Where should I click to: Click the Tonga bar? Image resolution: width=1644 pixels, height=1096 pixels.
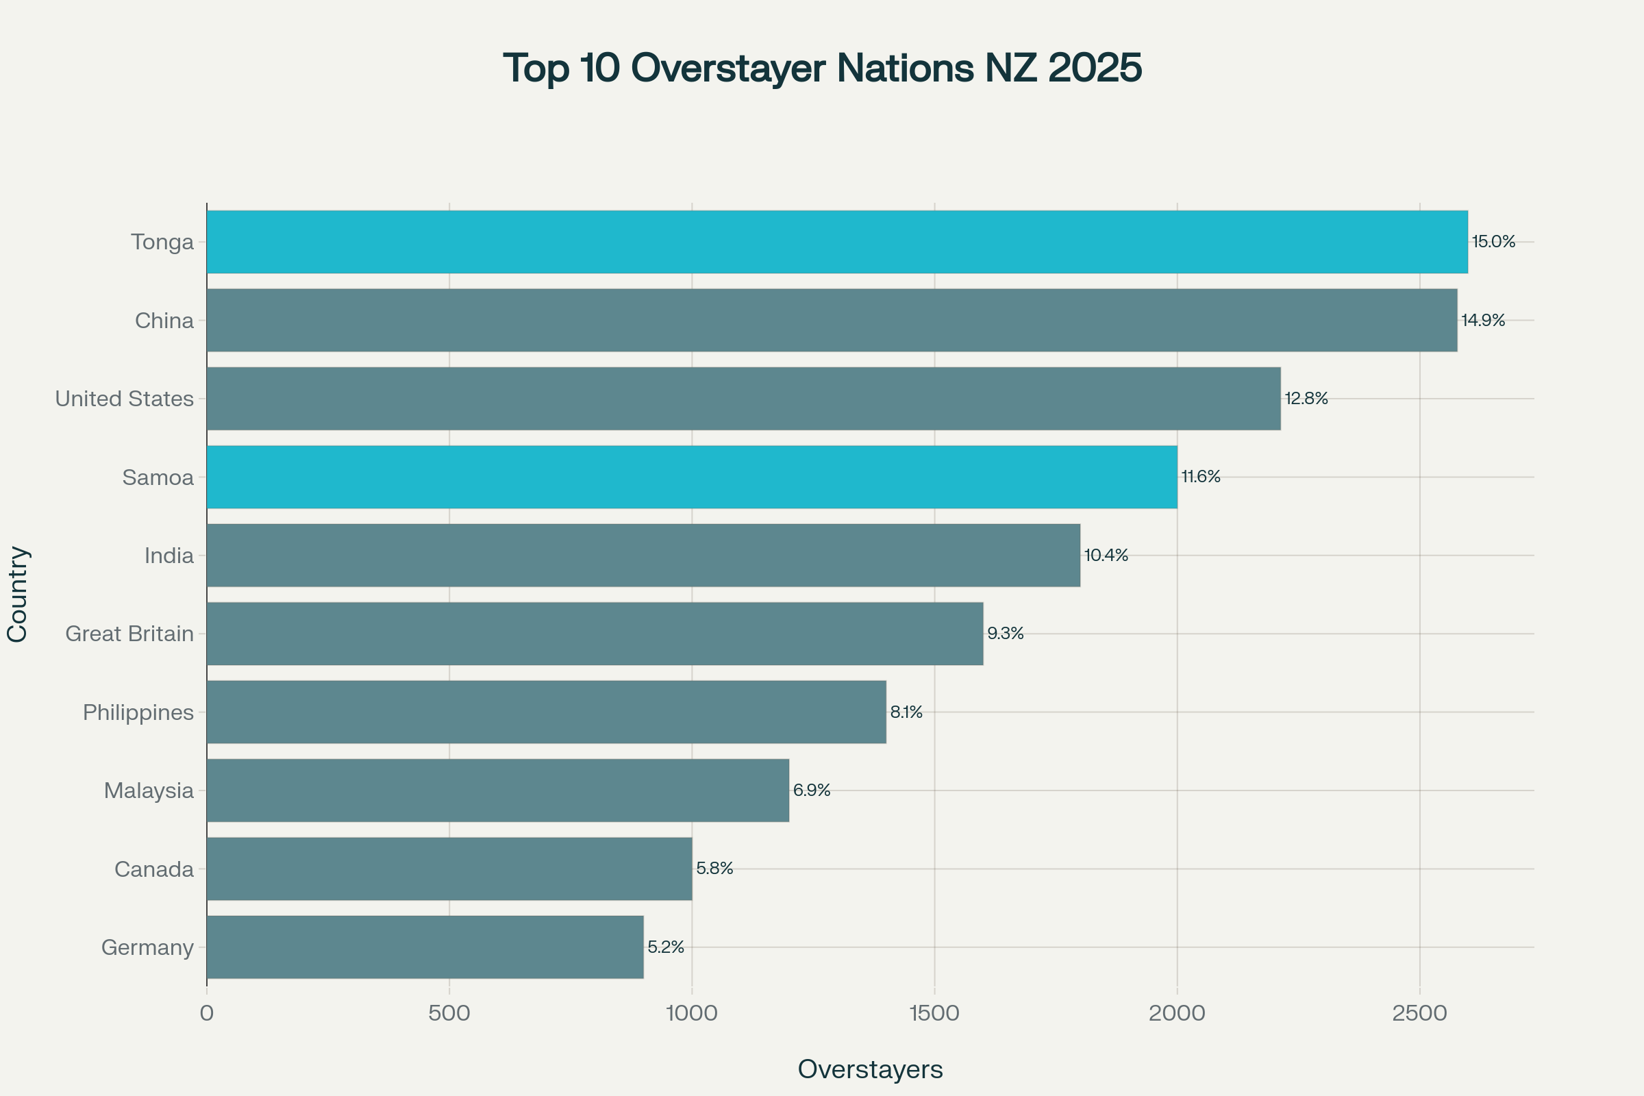836,242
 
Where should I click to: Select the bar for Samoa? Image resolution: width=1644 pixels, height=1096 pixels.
692,477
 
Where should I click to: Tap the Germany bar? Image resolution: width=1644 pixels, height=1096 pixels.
425,947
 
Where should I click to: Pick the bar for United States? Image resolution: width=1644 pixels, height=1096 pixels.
743,399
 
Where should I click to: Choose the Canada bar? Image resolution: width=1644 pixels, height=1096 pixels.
449,869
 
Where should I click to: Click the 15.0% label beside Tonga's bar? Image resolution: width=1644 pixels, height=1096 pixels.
1493,242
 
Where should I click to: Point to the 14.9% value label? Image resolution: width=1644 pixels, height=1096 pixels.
1482,320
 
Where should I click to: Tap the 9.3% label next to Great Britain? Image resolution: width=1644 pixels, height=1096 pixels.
1005,633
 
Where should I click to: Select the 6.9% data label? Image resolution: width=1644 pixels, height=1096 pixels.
812,790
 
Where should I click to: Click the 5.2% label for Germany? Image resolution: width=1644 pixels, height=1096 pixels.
665,947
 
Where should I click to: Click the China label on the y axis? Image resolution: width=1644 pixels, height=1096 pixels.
164,321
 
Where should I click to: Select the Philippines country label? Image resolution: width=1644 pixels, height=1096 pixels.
138,712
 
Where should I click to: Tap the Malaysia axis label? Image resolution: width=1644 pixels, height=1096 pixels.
149,790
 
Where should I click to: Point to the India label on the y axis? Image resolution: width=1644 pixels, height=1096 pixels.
169,556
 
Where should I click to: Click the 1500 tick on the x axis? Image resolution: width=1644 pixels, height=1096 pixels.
934,1013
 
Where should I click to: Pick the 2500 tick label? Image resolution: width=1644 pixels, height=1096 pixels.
1419,1013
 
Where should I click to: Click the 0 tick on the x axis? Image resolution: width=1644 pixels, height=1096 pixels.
206,1013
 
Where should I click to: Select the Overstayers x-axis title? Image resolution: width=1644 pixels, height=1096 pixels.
870,1069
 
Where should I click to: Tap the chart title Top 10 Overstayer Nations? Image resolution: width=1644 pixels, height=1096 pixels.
822,68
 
